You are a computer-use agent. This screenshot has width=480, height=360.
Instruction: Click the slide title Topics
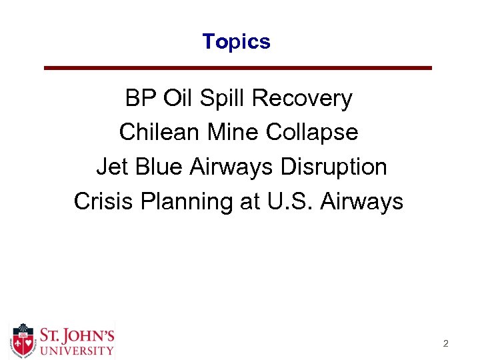pos(237,41)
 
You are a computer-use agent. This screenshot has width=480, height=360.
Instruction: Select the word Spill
pos(223,99)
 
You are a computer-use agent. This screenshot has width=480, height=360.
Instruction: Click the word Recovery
pos(302,99)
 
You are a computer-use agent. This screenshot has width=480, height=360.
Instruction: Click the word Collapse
pos(312,132)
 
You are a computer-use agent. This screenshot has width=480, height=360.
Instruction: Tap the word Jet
pos(112,166)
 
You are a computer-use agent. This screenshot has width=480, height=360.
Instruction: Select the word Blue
pos(159,166)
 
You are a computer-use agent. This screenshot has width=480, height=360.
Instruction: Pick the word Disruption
pos(333,166)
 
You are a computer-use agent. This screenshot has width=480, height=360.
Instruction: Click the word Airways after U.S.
pos(362,200)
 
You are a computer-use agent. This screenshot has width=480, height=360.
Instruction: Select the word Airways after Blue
pos(232,166)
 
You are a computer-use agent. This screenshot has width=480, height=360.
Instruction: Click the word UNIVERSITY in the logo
pos(75,349)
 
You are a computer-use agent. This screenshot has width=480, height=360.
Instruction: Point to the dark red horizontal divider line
pos(237,68)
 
